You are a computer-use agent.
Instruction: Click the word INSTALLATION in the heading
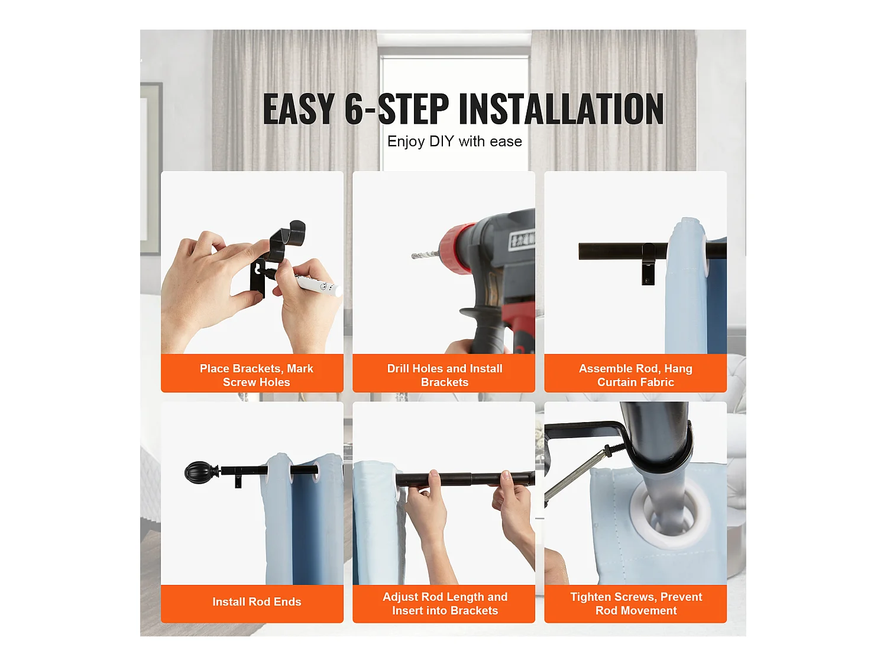tap(561, 108)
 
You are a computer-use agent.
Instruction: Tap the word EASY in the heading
tap(299, 108)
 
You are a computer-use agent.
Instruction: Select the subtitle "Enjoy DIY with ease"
tap(455, 141)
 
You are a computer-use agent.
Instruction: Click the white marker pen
tap(318, 285)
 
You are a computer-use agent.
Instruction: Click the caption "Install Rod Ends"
tap(257, 601)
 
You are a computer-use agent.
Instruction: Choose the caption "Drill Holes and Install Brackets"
tap(445, 375)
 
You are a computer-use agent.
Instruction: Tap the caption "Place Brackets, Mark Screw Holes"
tap(256, 375)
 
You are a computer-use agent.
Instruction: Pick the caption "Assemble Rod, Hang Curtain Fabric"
tap(636, 375)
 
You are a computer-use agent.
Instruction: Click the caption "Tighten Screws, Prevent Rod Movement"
tap(636, 603)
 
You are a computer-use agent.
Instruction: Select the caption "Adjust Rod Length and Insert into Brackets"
tap(445, 603)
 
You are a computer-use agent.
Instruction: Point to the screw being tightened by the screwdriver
tap(615, 451)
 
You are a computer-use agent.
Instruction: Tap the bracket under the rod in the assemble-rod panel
tap(648, 264)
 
